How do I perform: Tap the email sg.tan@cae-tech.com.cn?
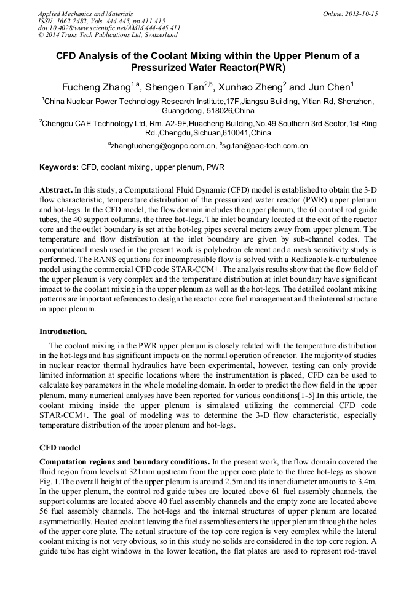(266, 146)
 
